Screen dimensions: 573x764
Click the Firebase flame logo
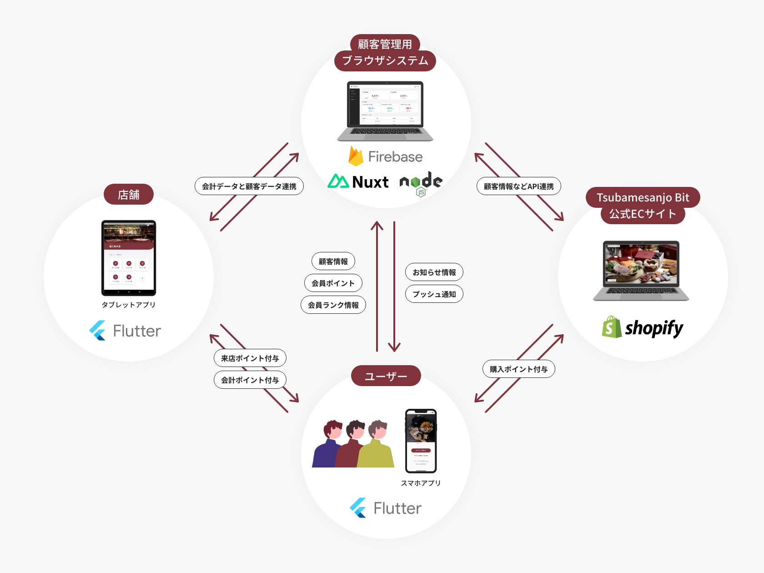[x=356, y=156]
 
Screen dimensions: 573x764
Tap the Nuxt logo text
[x=370, y=182]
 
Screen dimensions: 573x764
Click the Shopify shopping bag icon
[x=612, y=327]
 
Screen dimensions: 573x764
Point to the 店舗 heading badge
[x=129, y=195]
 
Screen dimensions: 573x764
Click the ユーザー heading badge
[x=386, y=376]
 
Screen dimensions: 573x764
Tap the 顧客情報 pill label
[x=333, y=261]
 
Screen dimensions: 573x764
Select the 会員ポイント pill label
[x=333, y=283]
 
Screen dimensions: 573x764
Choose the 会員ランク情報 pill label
[x=333, y=305]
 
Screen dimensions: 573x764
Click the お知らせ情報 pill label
[x=434, y=272]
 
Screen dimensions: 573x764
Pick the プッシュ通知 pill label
[x=434, y=294]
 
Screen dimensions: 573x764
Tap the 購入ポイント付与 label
[x=518, y=369]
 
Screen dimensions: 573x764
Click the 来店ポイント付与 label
[x=250, y=358]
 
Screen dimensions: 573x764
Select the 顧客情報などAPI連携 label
[x=518, y=186]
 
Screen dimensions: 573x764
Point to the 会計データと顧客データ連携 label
[x=249, y=186]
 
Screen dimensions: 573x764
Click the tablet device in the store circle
[x=129, y=258]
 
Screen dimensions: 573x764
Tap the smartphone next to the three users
[x=421, y=441]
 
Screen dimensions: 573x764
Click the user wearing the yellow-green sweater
[x=376, y=446]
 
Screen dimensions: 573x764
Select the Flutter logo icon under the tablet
[x=98, y=331]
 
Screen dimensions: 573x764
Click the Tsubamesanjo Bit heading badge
[x=643, y=197]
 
